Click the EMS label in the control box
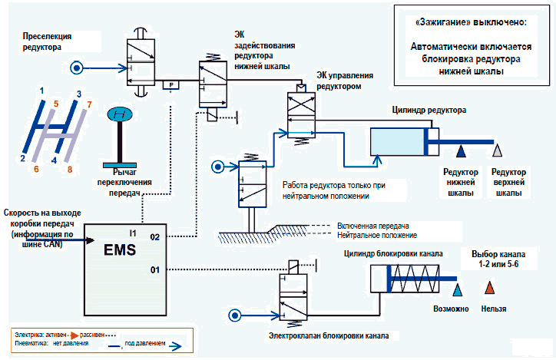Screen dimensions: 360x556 point(120,249)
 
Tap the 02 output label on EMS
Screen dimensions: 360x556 point(154,238)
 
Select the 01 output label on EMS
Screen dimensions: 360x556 point(154,269)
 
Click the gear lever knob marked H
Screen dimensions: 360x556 point(118,115)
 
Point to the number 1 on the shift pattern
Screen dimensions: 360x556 point(42,91)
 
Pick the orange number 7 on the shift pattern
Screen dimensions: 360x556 point(89,103)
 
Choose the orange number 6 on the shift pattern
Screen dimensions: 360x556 point(35,169)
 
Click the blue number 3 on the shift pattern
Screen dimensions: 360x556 point(78,94)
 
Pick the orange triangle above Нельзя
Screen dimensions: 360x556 point(490,288)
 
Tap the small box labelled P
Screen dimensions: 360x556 point(171,84)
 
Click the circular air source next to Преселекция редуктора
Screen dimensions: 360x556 point(76,68)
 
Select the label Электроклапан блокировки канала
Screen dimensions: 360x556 point(329,335)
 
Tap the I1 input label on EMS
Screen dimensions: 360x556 point(133,231)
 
